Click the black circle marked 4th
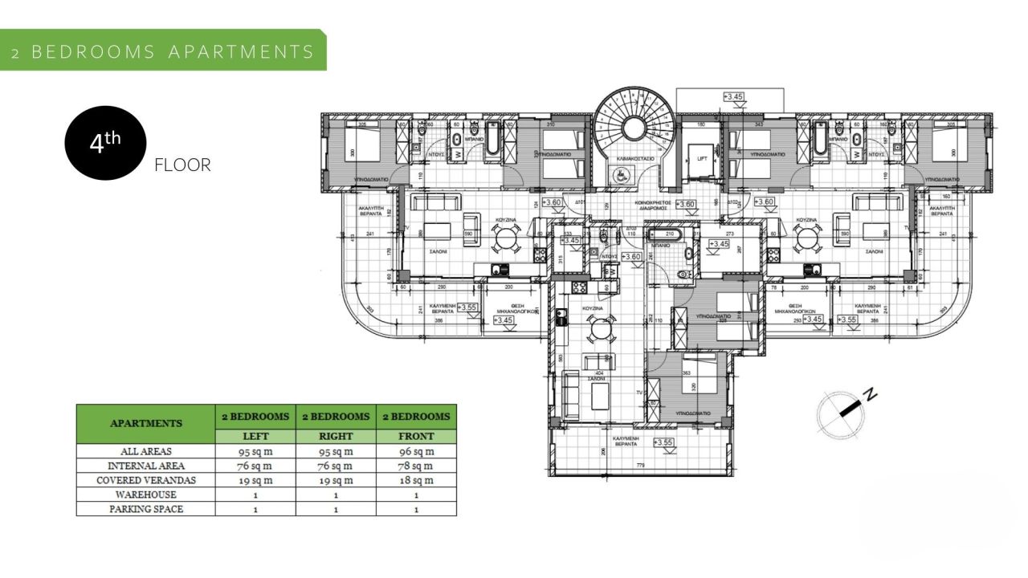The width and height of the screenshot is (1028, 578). pos(105,143)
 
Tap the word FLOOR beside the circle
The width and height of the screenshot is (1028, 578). pos(182,165)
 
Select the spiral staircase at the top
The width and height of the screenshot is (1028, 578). pos(634,120)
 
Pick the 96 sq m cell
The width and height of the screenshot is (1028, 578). pos(416,451)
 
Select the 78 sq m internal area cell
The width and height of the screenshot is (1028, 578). pos(416,466)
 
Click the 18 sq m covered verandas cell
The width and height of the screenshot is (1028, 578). pos(416,480)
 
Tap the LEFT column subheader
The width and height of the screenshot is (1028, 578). pos(255,436)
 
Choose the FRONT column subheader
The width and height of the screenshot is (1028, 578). pos(416,436)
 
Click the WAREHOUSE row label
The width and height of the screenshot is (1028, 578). pos(145,495)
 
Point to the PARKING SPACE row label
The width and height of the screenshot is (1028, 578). pos(145,509)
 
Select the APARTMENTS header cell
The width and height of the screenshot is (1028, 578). pos(145,423)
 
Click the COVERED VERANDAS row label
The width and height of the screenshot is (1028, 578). pos(145,480)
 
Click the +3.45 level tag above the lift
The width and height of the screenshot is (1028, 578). pos(733,96)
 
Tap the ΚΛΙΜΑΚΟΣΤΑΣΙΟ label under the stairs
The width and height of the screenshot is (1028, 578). pos(634,159)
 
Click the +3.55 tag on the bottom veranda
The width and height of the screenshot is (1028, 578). pos(663,442)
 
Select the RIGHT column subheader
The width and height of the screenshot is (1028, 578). pos(336,436)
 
